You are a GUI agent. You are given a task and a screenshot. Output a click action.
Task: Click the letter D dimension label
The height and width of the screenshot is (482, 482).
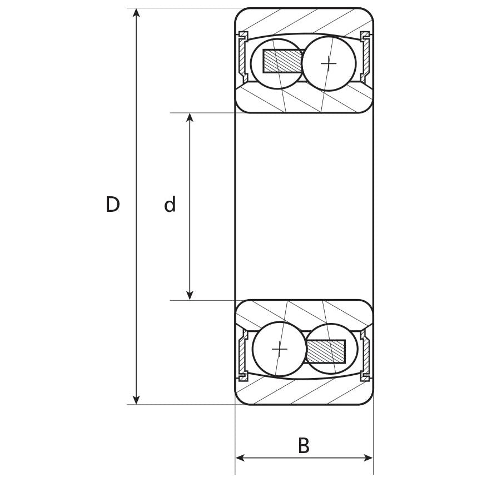coord(113,205)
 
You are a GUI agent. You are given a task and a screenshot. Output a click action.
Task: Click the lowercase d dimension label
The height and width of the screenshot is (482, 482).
coord(170,205)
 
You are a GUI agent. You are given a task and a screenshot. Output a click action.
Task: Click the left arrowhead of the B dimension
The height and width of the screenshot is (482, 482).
coord(241,458)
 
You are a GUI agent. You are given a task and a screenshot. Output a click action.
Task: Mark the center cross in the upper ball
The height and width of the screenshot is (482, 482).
coord(329,63)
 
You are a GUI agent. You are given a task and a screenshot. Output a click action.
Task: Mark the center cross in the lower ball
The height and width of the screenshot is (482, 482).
coord(279,349)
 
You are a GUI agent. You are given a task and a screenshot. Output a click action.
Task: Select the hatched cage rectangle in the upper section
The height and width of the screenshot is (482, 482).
coord(283,61)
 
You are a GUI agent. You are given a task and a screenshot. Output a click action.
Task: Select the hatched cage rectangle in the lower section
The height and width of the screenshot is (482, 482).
coord(326,350)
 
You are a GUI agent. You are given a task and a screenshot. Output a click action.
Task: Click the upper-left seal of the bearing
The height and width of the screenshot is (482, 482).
coord(242,56)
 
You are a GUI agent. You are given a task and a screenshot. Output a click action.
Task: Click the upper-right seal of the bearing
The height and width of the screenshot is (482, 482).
coord(365,56)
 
